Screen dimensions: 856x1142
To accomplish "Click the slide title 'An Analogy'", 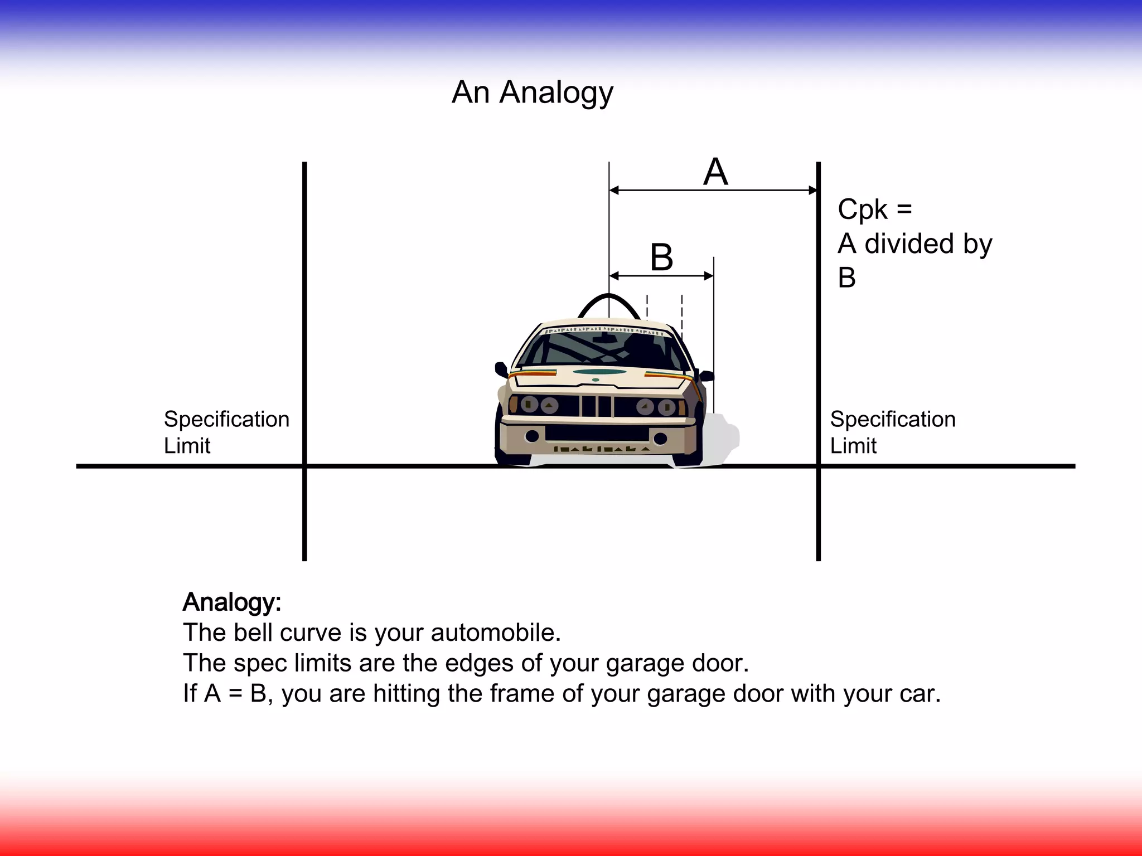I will pyautogui.click(x=532, y=93).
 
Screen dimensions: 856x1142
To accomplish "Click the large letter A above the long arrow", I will pyautogui.click(x=715, y=172).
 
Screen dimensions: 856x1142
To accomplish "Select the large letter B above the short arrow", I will pyautogui.click(x=662, y=257).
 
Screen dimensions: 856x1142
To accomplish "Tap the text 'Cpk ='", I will pyautogui.click(x=874, y=210).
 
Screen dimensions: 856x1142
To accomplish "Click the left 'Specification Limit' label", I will pyautogui.click(x=226, y=432).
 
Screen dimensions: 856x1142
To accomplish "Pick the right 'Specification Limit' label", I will pyautogui.click(x=892, y=432).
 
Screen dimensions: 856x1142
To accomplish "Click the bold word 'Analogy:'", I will pyautogui.click(x=232, y=602).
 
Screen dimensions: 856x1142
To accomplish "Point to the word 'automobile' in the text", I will pyautogui.click(x=495, y=633).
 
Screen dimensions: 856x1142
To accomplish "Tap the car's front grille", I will pyautogui.click(x=597, y=406).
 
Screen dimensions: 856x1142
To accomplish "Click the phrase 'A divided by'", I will pyautogui.click(x=914, y=244).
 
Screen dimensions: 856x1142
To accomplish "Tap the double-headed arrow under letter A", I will pyautogui.click(x=714, y=191).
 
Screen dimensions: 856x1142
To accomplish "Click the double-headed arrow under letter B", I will pyautogui.click(x=661, y=276).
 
